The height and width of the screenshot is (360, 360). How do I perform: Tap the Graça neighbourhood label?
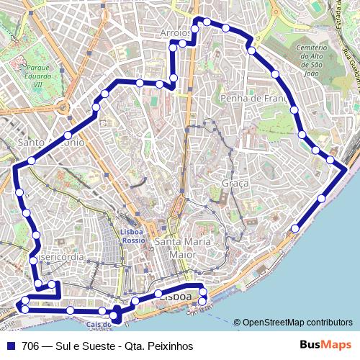(x=235, y=184)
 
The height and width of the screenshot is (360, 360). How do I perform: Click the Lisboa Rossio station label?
(x=132, y=236)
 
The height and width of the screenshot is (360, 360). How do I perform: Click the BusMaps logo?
(x=326, y=345)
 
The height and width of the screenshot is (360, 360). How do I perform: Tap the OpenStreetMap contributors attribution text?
(x=297, y=323)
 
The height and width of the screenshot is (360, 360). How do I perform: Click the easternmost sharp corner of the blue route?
(x=348, y=168)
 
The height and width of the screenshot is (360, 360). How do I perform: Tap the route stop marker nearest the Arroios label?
(x=183, y=44)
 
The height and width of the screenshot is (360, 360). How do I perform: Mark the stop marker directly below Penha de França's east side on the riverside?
(x=295, y=229)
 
